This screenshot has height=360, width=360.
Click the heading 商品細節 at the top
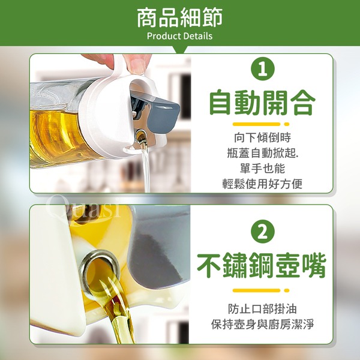pyautogui.click(x=180, y=17)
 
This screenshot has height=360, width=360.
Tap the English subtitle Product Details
pyautogui.click(x=180, y=36)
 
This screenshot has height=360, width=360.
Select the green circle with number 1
pyautogui.click(x=263, y=68)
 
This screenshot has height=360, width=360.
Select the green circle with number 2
pyautogui.click(x=263, y=232)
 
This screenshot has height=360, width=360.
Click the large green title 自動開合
pyautogui.click(x=262, y=103)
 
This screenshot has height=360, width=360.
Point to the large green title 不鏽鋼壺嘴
pyautogui.click(x=262, y=265)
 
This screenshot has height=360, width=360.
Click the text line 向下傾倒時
pyautogui.click(x=262, y=137)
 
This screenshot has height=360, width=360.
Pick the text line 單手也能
pyautogui.click(x=262, y=168)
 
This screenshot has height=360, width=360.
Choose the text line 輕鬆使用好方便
pyautogui.click(x=262, y=184)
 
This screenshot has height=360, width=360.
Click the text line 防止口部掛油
pyautogui.click(x=262, y=309)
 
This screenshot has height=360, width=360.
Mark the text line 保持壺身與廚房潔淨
pyautogui.click(x=262, y=324)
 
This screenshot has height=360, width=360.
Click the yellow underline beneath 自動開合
pyautogui.click(x=261, y=124)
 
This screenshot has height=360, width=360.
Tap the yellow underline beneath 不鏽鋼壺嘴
pyautogui.click(x=261, y=290)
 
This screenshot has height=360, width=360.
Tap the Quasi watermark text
pyautogui.click(x=84, y=208)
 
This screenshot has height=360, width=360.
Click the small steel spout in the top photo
pyautogui.click(x=140, y=136)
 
